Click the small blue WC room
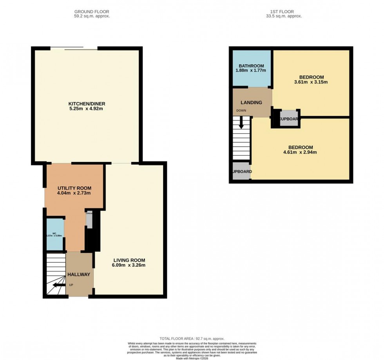point(55,235)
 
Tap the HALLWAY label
point(79,275)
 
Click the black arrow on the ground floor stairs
point(59,285)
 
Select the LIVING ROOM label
point(129,260)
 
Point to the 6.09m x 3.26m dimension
point(129,265)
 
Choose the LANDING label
point(251,102)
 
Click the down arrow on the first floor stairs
point(241,123)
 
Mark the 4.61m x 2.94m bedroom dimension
point(300,152)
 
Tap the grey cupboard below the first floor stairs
point(241,172)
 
